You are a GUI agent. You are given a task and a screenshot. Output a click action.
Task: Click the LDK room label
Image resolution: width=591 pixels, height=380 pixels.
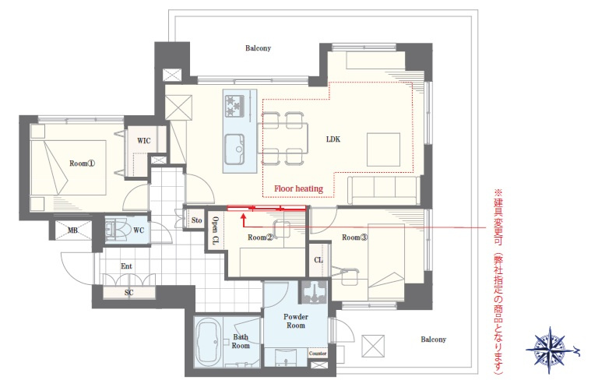tap(333, 139)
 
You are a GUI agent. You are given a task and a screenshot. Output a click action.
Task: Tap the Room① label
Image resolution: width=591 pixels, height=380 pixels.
tap(83, 164)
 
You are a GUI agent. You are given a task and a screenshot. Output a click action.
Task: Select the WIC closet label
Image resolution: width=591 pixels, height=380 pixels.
tap(143, 141)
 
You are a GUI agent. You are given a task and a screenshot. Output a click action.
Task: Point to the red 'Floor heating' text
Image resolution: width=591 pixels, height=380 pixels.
tap(298, 188)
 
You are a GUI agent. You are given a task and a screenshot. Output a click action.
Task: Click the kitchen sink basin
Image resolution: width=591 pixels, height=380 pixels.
tap(234, 150)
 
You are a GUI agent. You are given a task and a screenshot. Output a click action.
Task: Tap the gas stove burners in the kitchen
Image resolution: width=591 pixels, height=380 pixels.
tap(234, 106)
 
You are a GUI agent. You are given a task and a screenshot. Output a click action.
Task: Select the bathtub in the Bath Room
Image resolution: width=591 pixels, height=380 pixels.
tap(208, 343)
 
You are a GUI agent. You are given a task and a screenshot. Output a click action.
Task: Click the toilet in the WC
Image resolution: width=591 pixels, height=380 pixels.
tap(115, 229)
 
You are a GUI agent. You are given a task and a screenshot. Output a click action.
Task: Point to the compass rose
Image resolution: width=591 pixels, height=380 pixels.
tap(550, 350)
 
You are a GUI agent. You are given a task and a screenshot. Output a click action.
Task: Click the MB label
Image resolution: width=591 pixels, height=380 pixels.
tap(72, 230)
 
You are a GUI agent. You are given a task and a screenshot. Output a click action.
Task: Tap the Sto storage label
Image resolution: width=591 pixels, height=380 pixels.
tap(196, 220)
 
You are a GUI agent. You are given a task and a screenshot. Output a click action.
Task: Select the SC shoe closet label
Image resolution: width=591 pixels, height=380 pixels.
tap(128, 293)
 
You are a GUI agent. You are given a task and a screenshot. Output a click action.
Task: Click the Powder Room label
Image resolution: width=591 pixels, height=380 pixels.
tap(296, 321)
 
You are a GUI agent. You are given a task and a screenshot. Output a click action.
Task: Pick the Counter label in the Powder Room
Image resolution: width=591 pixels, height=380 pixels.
tap(318, 354)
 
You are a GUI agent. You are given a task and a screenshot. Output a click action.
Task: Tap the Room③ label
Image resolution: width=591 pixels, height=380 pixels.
tap(354, 237)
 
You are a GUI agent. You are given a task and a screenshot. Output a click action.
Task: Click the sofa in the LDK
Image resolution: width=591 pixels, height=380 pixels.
tap(383, 190)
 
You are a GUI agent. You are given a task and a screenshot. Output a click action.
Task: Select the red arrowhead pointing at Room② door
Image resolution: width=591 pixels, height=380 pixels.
tap(244, 216)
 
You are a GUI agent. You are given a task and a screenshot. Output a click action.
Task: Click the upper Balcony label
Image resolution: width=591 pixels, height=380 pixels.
tap(259, 47)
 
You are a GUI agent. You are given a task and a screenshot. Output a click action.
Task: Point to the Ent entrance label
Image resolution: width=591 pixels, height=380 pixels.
tap(126, 266)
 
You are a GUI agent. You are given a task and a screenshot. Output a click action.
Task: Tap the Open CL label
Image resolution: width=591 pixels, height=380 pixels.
tap(215, 230)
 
